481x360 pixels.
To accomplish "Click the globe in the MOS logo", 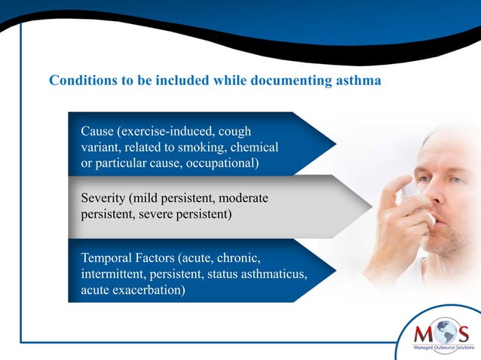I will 440,333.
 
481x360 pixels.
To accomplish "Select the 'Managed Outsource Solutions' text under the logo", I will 440,349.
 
